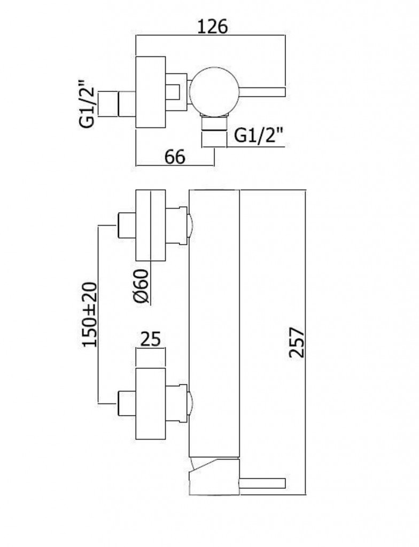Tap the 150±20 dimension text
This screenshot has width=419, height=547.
coord(90,315)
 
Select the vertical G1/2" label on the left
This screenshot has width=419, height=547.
coord(87,104)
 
